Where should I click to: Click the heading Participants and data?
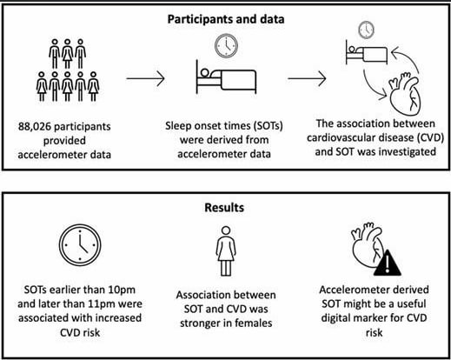[x=226, y=19]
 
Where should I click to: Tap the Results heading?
[x=224, y=208]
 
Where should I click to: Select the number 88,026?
[x=35, y=127]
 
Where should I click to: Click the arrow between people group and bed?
[x=146, y=78]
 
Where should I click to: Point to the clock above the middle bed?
[x=226, y=46]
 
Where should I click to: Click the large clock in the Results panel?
[x=80, y=245]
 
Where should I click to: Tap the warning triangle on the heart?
[x=388, y=263]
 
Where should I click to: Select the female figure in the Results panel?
[x=226, y=251]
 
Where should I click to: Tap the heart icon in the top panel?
[x=405, y=94]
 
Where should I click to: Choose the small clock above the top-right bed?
[x=367, y=30]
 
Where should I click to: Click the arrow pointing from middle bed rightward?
[x=307, y=78]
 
